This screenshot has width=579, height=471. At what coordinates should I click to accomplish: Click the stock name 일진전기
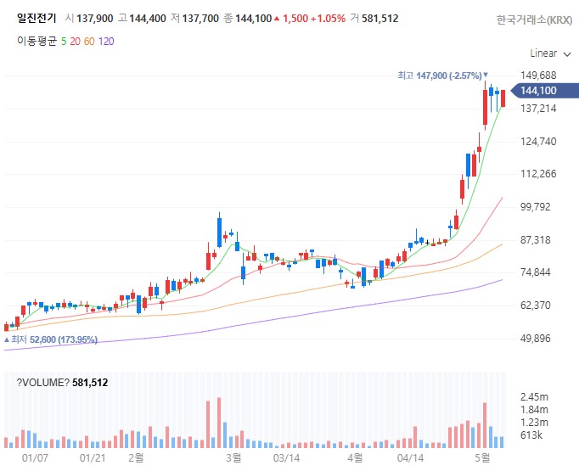[x=37, y=18]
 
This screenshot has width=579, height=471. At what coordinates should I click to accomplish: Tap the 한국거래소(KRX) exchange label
[x=534, y=20]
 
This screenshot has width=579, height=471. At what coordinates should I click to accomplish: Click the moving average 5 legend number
[x=64, y=42]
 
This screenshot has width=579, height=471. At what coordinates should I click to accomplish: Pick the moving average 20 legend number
[x=75, y=42]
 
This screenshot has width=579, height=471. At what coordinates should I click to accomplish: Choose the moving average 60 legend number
[x=89, y=42]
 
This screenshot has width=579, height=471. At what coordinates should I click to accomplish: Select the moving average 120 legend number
[x=106, y=42]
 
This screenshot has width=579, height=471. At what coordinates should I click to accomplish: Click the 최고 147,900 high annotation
[x=442, y=76]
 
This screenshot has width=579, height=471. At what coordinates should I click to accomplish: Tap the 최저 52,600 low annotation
[x=51, y=339]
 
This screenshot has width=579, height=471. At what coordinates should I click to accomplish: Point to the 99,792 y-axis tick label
[x=535, y=207]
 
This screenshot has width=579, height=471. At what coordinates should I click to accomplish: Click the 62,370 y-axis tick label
[x=535, y=306]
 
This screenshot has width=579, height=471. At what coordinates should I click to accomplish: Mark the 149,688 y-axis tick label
[x=538, y=76]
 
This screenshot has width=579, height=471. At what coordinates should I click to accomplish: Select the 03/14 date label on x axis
[x=286, y=458]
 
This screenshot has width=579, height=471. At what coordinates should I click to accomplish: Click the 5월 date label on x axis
[x=482, y=457]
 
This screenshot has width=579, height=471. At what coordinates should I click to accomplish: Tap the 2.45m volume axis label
[x=534, y=397]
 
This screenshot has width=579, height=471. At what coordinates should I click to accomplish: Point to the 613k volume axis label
[x=531, y=435]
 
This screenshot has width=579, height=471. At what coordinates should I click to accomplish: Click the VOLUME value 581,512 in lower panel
[x=90, y=383]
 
